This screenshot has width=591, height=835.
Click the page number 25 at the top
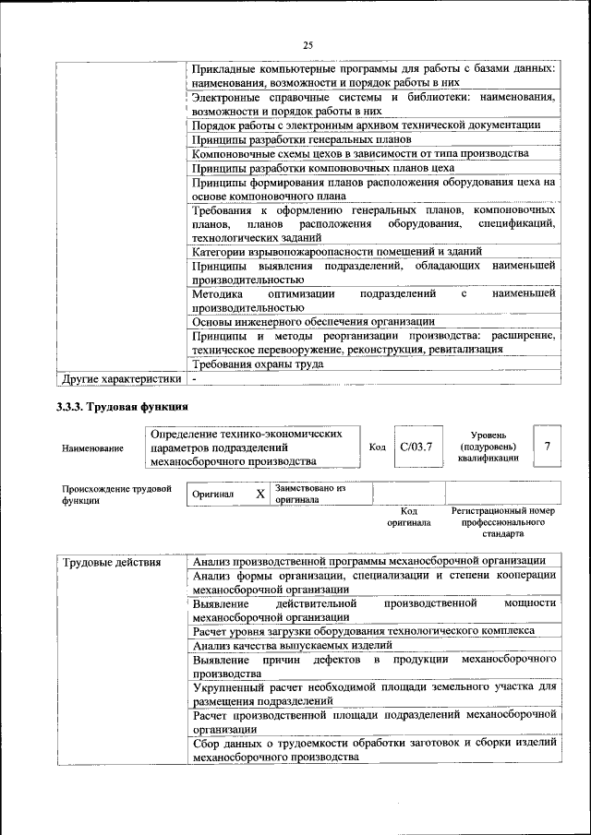point(308,44)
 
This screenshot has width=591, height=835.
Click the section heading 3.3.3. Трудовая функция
point(123,406)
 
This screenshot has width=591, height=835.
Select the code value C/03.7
point(416,447)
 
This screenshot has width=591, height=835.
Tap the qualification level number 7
point(548,447)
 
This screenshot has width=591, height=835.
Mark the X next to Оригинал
point(260,494)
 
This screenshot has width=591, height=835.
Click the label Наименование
point(92,448)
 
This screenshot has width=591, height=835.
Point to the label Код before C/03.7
point(377,447)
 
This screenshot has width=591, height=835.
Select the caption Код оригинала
point(410,516)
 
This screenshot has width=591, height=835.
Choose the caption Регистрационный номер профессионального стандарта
point(502,521)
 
